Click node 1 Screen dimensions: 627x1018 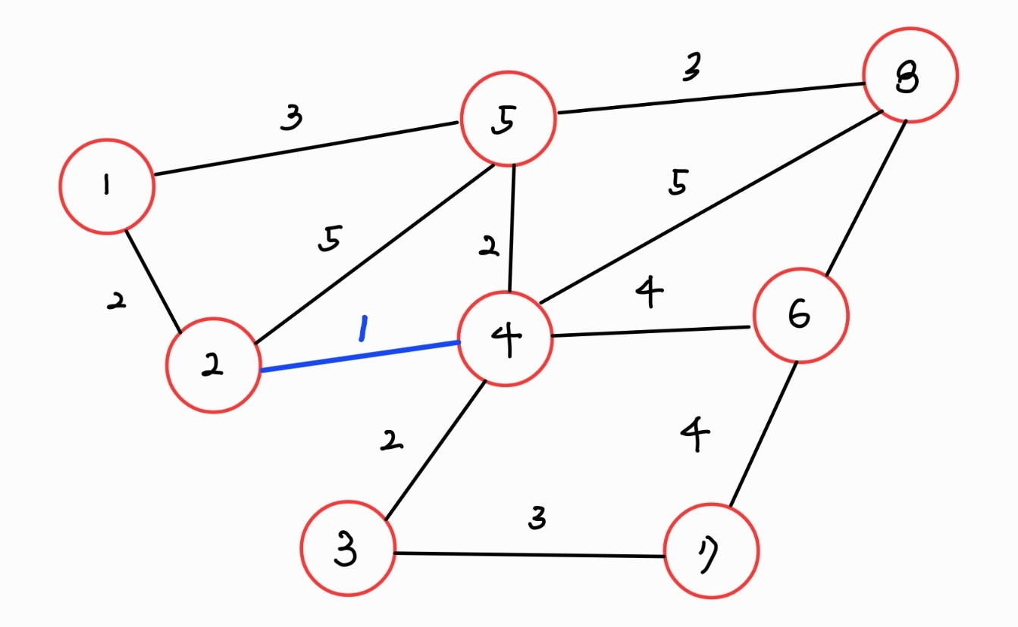[x=107, y=186]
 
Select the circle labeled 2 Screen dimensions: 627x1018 [x=214, y=365]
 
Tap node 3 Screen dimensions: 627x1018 [x=348, y=547]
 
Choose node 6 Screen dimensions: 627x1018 [x=800, y=316]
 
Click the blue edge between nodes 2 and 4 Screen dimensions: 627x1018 [x=360, y=357]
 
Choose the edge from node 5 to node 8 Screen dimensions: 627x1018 [x=709, y=99]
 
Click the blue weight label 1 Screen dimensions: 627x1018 [x=363, y=329]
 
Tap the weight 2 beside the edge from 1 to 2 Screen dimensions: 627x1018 [x=116, y=302]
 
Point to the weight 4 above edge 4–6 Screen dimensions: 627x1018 [x=650, y=292]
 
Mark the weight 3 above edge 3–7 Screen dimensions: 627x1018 [x=537, y=519]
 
